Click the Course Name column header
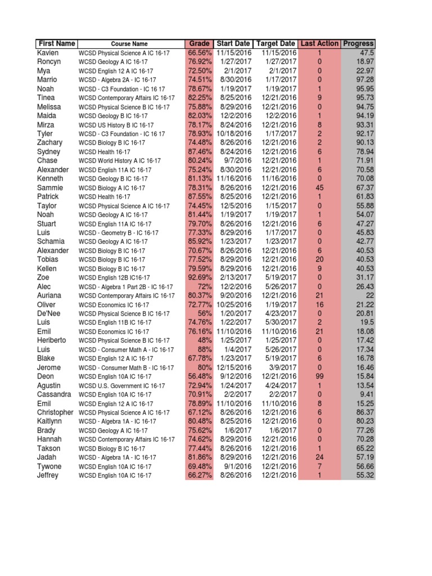click(129, 44)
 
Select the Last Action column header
click(319, 44)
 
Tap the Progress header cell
click(358, 44)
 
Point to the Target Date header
click(275, 44)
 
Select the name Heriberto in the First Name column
click(52, 341)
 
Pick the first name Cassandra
click(54, 395)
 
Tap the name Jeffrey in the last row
click(48, 476)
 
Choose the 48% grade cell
click(204, 341)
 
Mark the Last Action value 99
click(319, 377)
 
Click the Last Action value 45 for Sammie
click(319, 188)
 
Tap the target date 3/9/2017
click(281, 368)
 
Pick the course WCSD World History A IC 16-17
click(119, 161)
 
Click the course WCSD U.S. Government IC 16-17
click(121, 386)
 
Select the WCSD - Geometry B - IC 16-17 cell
click(118, 233)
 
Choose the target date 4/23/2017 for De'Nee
click(279, 314)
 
